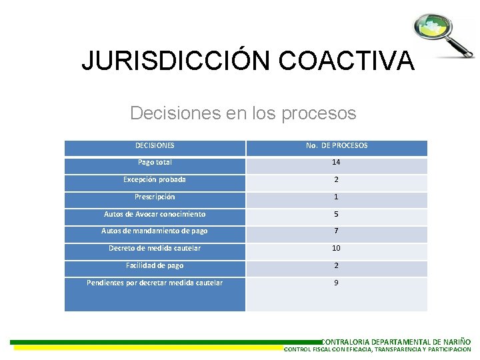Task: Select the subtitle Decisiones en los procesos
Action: coord(243,113)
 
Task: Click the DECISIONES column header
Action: coord(155,145)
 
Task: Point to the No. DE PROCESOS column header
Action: coord(337,145)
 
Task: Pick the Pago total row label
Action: coord(155,162)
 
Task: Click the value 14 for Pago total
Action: coord(337,162)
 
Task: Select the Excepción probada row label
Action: coord(155,179)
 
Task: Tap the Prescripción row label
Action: coord(155,197)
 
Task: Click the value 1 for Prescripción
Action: coord(337,197)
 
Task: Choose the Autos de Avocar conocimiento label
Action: coord(155,214)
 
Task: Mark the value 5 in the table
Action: coord(337,214)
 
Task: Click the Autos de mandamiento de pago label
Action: coord(155,231)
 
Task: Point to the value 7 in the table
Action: coord(337,231)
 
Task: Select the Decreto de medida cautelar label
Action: coord(155,248)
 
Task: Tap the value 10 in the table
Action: coord(337,248)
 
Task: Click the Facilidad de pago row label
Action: coord(155,265)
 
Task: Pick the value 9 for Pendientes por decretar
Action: coord(337,283)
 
